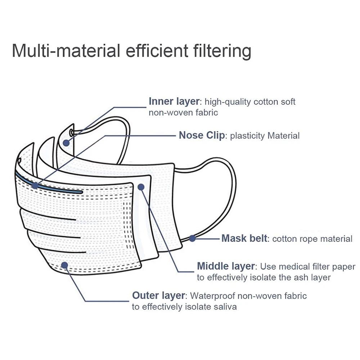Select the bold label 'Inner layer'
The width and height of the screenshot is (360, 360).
tap(174, 102)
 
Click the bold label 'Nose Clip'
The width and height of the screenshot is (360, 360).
tap(202, 136)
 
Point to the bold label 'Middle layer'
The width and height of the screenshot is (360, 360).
tap(226, 267)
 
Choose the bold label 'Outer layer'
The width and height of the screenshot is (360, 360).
tap(159, 296)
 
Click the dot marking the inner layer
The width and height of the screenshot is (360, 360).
tap(66, 143)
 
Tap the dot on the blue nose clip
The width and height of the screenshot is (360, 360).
tap(35, 186)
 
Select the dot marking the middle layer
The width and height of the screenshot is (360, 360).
tap(141, 186)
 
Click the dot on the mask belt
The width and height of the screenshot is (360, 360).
tap(192, 238)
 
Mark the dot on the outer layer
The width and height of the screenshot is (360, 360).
tap(65, 265)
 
